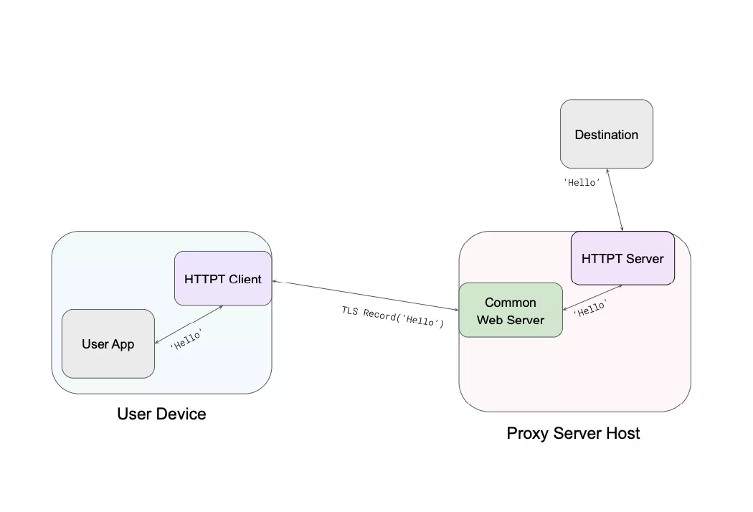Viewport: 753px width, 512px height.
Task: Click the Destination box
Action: point(606,134)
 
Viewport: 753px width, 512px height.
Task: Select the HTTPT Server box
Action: point(622,258)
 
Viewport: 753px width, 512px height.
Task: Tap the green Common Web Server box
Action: point(510,310)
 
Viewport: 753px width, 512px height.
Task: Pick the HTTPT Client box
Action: point(222,278)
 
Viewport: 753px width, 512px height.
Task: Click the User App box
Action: point(108,343)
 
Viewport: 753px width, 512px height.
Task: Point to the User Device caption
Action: point(161,414)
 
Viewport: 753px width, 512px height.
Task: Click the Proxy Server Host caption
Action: point(573,433)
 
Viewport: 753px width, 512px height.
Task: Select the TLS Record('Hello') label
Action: point(392,316)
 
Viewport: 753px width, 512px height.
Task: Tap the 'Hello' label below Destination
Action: point(581,182)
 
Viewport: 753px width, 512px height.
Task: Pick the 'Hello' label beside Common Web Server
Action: point(590,309)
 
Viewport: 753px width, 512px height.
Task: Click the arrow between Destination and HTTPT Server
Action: point(615,200)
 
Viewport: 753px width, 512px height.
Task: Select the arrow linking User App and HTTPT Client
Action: point(189,325)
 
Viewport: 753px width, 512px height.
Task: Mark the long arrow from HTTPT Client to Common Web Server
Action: point(366,295)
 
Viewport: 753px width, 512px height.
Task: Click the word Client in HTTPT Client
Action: point(245,278)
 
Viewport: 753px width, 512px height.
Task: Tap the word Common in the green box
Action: point(510,303)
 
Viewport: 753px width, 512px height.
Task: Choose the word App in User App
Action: point(123,343)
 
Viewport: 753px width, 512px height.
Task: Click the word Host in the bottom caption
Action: point(622,433)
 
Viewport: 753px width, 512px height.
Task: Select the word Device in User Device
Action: point(182,414)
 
